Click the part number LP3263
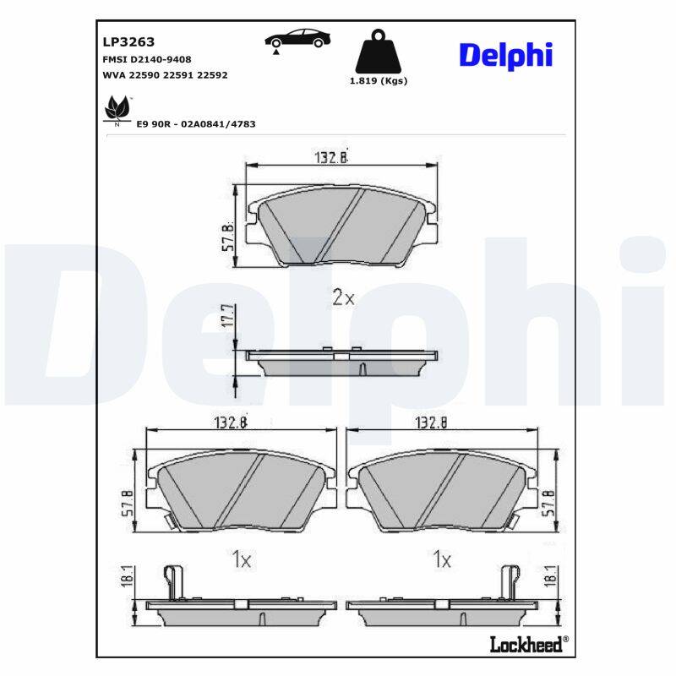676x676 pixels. (x=123, y=41)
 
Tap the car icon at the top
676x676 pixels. (x=297, y=39)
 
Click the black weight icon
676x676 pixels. (x=378, y=52)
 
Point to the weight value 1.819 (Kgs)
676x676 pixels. (x=378, y=81)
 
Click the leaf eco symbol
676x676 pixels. (x=116, y=111)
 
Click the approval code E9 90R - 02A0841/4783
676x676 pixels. (x=196, y=124)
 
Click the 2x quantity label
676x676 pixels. (x=342, y=297)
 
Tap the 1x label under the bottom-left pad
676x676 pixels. (x=242, y=559)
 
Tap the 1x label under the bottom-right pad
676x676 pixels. (x=442, y=559)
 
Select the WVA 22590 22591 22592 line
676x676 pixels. (x=165, y=75)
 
